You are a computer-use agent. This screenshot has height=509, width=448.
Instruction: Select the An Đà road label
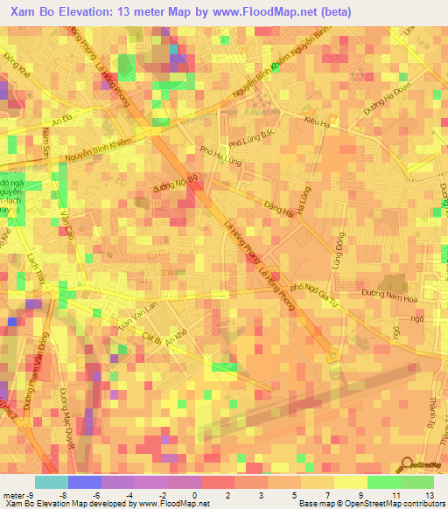pos(60,124)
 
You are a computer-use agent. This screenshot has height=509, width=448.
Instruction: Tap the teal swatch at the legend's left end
pos(51,482)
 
